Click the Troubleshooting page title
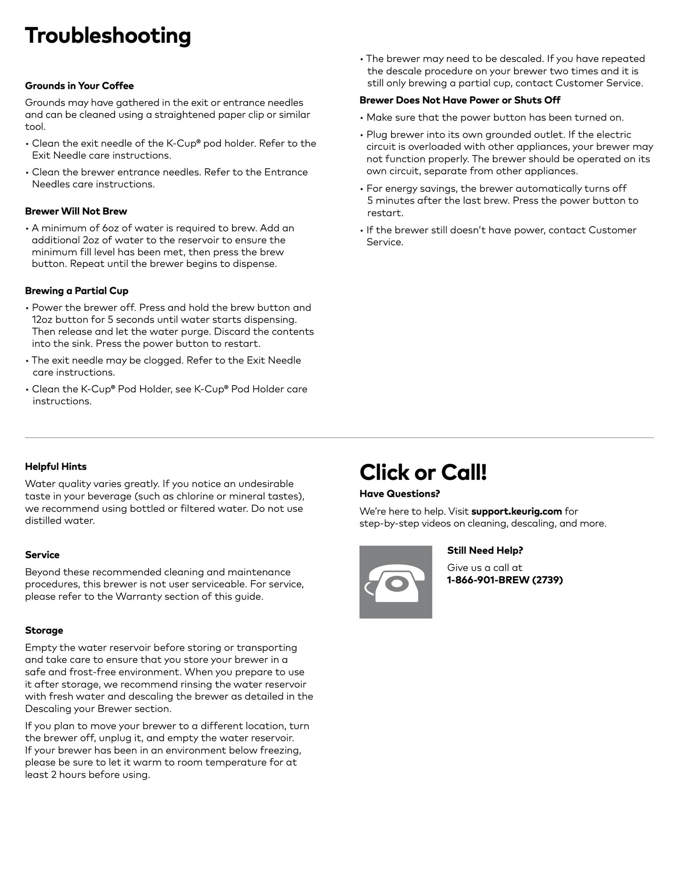coord(108,36)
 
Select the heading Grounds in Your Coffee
coord(79,86)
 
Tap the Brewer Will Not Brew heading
coord(76,211)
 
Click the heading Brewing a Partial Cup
coord(77,290)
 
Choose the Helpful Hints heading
coord(55,466)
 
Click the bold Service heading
coord(42,555)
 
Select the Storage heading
coord(44,630)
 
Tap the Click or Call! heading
coord(423,472)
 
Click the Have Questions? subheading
coord(399,494)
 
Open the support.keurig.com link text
coord(516,511)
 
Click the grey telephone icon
coord(395,582)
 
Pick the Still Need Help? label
coord(485,550)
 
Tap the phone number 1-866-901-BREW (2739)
coord(505,580)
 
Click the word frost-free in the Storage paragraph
coord(94,672)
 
